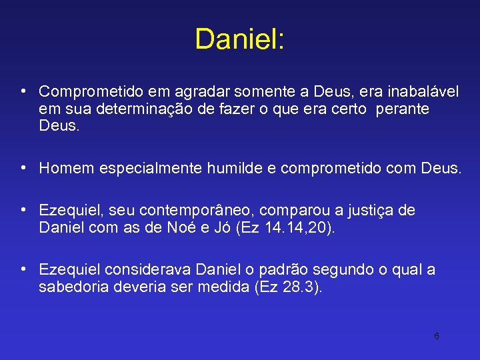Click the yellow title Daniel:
(x=239, y=39)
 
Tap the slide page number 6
(x=437, y=336)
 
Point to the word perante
(x=403, y=108)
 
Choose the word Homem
(x=67, y=168)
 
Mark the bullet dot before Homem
(x=23, y=167)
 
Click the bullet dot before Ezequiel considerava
(x=23, y=269)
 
